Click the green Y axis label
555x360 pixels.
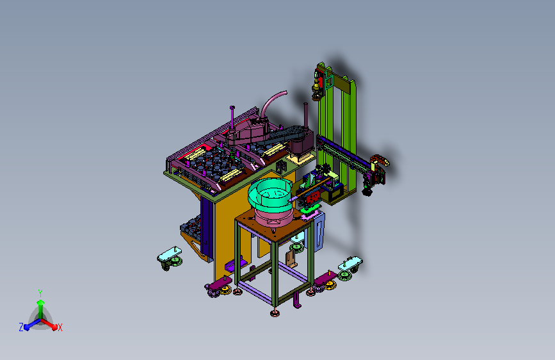(x=40, y=293)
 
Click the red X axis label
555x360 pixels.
(x=60, y=327)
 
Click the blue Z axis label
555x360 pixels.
(x=21, y=327)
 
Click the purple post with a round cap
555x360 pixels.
(x=232, y=117)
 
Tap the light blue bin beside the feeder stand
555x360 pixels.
(x=319, y=231)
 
